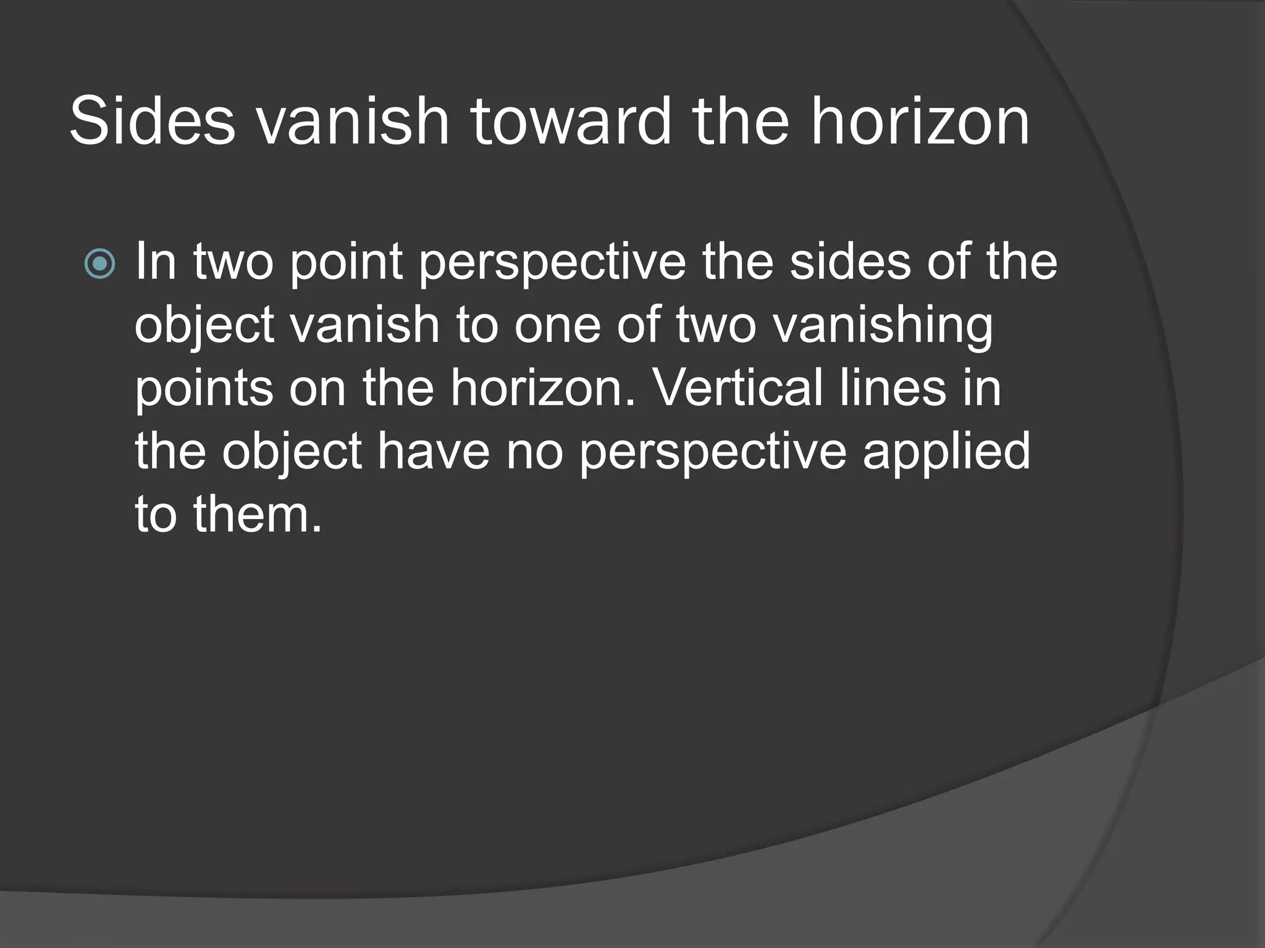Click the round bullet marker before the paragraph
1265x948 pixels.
99,264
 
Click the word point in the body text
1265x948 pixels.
346,262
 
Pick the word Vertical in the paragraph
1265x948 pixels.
738,388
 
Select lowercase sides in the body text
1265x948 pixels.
850,262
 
